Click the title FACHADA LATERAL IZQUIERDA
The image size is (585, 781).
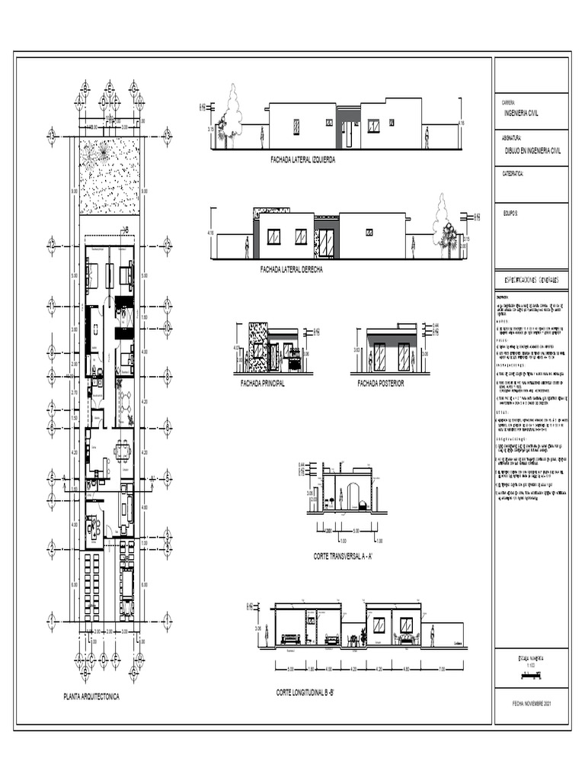(x=302, y=160)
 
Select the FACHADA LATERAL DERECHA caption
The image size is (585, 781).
(x=291, y=269)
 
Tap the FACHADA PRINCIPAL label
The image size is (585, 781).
(x=262, y=384)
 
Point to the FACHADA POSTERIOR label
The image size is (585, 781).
(x=381, y=384)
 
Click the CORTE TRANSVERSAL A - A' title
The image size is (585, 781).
(x=342, y=557)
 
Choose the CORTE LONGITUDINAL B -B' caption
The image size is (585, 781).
(x=311, y=693)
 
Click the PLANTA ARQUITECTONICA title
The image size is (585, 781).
(x=91, y=696)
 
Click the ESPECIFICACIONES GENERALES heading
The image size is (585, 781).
(x=531, y=281)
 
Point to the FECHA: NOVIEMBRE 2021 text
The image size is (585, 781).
(x=531, y=704)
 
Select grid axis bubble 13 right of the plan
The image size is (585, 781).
(x=167, y=135)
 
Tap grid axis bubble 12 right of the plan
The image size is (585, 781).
(x=167, y=246)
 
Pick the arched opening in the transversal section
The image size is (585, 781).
(x=352, y=496)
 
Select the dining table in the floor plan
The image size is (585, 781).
(x=122, y=451)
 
